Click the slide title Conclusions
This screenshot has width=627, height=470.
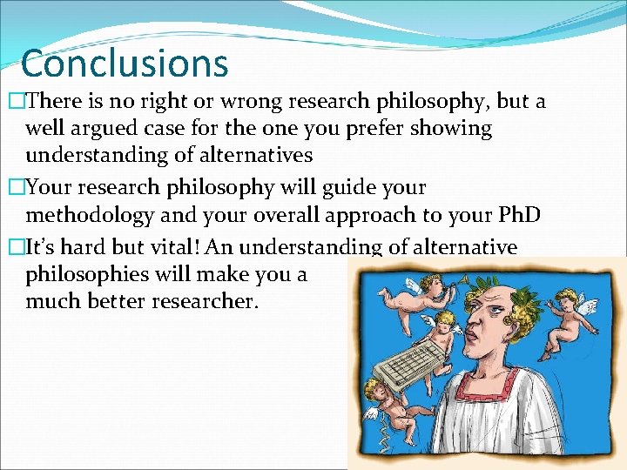pyautogui.click(x=124, y=64)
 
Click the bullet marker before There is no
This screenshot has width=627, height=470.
pyautogui.click(x=12, y=103)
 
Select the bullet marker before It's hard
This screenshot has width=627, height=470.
pyautogui.click(x=12, y=248)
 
